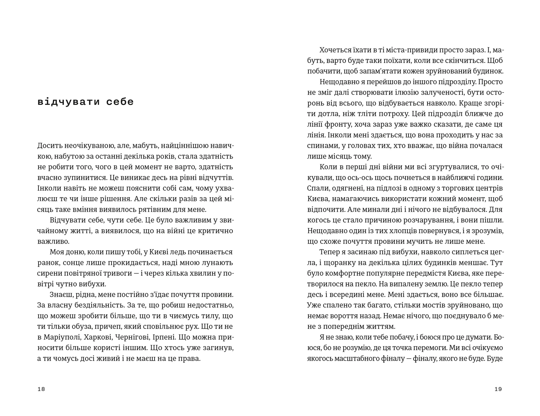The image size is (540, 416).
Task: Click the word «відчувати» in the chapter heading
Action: [68, 102]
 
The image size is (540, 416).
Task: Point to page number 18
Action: [41, 389]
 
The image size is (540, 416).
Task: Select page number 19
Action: [498, 389]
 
